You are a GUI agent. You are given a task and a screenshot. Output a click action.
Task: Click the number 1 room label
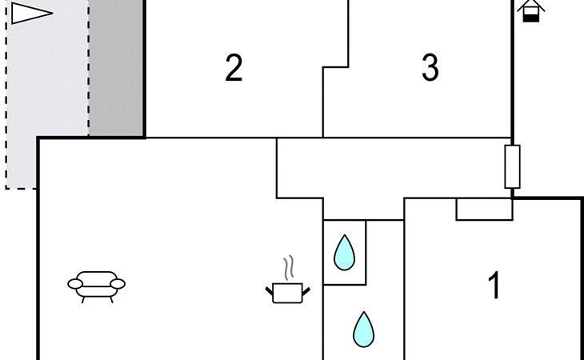[x=494, y=286]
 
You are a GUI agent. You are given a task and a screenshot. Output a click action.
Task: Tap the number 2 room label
[x=234, y=69]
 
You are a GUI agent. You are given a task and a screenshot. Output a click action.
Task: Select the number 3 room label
[x=430, y=69]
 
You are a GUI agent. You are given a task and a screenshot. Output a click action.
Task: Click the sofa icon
[x=97, y=284]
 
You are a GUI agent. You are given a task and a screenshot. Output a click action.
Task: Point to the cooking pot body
[x=287, y=293]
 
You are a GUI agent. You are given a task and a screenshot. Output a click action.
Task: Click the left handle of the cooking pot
[x=270, y=287]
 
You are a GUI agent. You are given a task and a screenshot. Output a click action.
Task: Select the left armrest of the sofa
[x=74, y=282]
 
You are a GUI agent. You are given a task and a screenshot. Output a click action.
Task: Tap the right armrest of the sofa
[x=118, y=282]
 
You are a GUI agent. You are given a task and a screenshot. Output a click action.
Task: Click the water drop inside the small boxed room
[x=344, y=252]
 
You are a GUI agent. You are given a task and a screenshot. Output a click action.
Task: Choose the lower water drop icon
[x=364, y=329]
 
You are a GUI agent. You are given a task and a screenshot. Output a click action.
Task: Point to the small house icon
[x=531, y=10]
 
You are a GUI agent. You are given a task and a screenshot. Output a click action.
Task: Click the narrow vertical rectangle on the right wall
[x=512, y=166]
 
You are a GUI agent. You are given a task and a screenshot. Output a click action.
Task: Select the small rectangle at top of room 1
[x=484, y=209]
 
